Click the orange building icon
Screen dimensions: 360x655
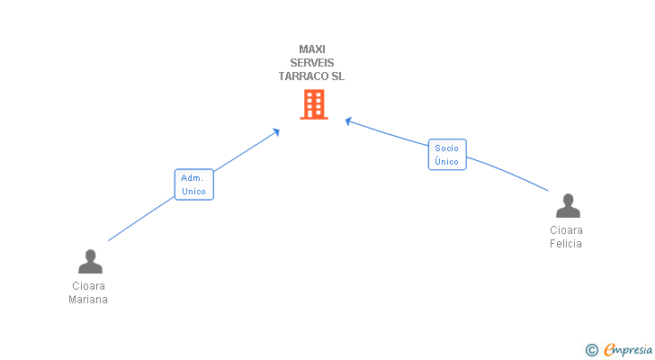point(313,104)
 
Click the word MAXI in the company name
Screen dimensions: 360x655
point(312,49)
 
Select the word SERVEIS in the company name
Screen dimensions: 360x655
point(312,63)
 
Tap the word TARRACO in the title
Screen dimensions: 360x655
point(303,76)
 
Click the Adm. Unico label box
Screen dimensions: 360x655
point(193,184)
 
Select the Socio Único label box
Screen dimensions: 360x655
point(446,155)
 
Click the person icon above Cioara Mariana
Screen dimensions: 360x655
point(90,262)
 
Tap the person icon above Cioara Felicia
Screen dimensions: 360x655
point(567,206)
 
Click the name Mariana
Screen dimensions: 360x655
point(88,300)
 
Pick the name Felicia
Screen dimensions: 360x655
point(566,244)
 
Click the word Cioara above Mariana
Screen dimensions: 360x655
point(88,286)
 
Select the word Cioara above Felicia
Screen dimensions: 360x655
point(566,230)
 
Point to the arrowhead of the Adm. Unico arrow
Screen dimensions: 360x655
point(276,131)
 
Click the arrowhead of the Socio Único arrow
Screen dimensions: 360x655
point(349,121)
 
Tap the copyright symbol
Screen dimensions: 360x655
point(591,350)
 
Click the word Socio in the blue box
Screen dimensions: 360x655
point(446,148)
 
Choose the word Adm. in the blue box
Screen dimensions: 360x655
point(192,177)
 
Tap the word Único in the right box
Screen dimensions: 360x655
point(446,162)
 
